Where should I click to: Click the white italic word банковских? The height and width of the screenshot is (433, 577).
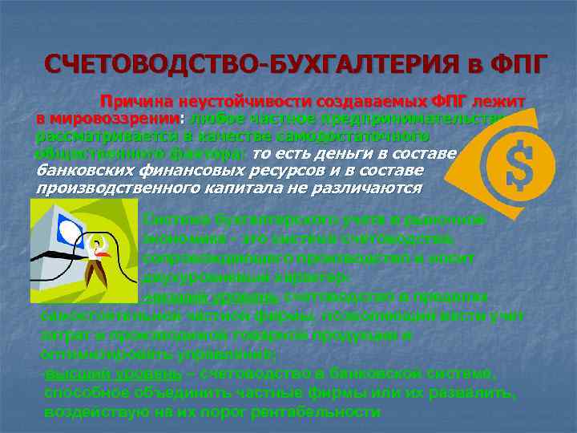83,171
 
